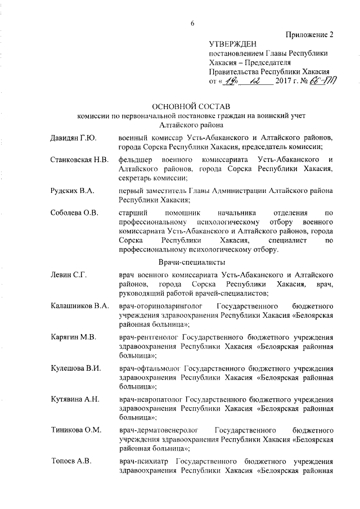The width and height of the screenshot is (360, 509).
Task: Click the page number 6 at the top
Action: click(x=192, y=23)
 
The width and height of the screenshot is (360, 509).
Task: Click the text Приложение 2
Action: click(x=309, y=34)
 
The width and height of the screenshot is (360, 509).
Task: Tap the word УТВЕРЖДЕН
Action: click(x=232, y=43)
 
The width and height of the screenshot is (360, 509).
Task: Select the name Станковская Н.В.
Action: click(x=79, y=160)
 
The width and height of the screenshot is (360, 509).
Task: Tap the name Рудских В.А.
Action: click(x=71, y=191)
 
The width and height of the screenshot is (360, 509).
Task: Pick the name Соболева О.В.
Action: click(x=74, y=214)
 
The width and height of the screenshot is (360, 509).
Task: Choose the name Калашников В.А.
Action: click(x=79, y=306)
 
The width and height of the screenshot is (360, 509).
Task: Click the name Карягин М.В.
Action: click(x=73, y=337)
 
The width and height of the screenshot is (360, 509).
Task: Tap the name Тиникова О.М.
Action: click(x=75, y=430)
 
